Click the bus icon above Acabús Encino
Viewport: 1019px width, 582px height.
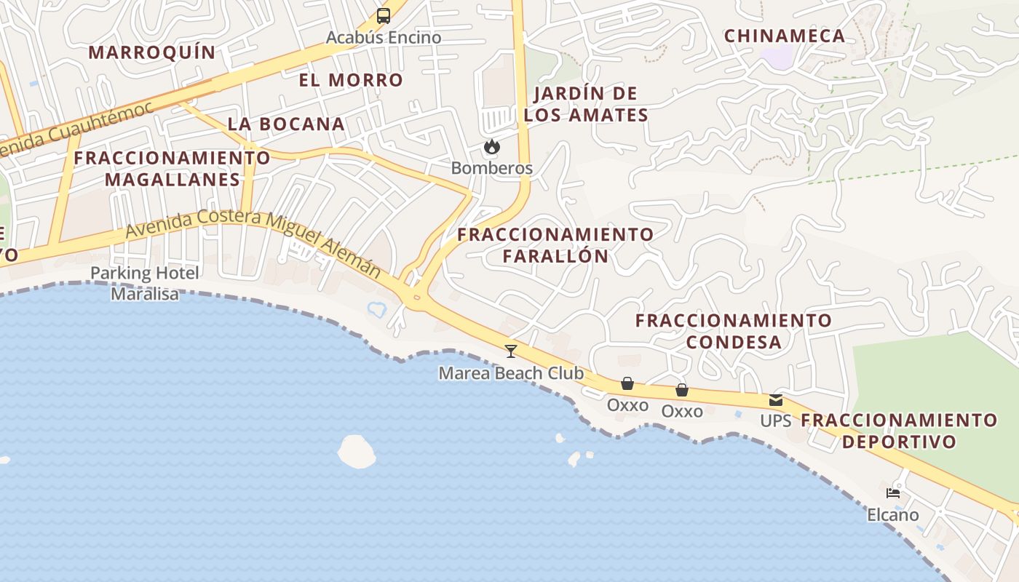click(383, 15)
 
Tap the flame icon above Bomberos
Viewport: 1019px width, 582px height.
click(492, 147)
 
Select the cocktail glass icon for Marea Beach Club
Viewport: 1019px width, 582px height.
click(511, 351)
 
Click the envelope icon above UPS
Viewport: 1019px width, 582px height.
click(776, 399)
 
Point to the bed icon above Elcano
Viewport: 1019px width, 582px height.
click(893, 493)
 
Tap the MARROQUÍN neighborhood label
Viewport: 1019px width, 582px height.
click(152, 52)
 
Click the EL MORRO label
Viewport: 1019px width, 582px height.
click(351, 80)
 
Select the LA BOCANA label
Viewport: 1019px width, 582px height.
click(286, 124)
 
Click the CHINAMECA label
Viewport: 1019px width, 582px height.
click(785, 36)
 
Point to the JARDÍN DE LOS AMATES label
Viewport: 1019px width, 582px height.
click(586, 104)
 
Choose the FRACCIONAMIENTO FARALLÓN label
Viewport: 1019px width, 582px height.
click(555, 245)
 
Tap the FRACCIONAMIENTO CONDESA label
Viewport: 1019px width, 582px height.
click(733, 331)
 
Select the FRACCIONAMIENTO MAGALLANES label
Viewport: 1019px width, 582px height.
click(172, 168)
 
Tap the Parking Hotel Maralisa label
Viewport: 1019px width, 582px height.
click(144, 283)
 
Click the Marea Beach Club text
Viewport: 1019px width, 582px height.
click(511, 373)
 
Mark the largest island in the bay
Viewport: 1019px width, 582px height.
click(357, 451)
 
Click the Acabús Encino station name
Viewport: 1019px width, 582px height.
click(384, 37)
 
